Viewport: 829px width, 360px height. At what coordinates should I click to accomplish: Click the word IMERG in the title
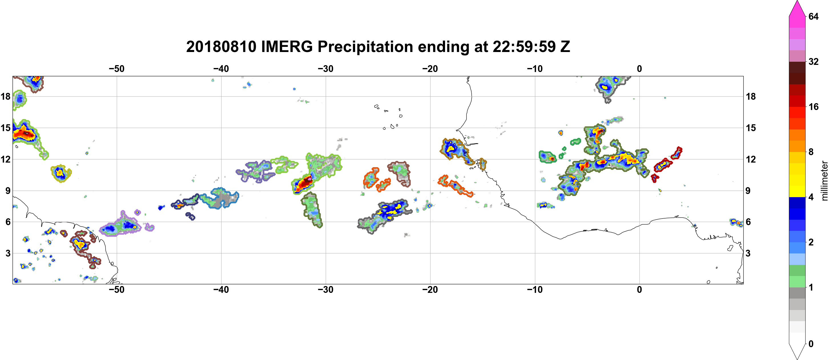[287, 47]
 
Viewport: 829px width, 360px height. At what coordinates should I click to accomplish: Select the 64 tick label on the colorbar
[813, 16]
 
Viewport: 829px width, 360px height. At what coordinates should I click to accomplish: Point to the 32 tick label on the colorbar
[813, 61]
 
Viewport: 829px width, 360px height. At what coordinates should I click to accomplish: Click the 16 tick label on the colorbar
[813, 107]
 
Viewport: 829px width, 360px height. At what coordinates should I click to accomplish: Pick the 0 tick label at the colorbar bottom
[811, 344]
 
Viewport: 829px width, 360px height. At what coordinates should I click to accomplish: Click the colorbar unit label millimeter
[824, 181]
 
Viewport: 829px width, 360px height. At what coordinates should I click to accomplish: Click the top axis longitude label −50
[116, 69]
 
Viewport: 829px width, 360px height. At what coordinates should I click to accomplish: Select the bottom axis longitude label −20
[430, 290]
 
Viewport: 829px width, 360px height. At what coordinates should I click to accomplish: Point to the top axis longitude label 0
[639, 69]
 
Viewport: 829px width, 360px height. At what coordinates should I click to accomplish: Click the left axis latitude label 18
[5, 96]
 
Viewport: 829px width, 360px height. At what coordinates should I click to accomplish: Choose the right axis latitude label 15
[751, 128]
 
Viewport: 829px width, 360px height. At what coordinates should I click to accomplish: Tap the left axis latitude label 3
[8, 253]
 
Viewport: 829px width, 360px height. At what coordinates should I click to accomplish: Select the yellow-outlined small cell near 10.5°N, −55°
[61, 173]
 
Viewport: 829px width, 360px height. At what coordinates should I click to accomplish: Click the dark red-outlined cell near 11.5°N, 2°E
[663, 165]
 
